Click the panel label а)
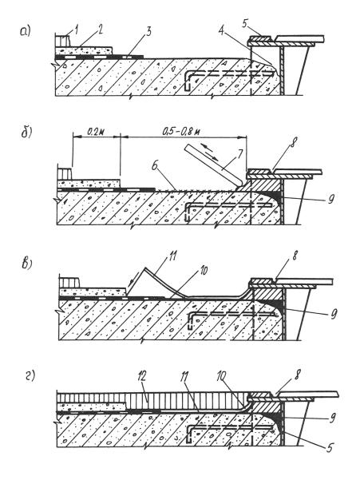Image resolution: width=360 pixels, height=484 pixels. pos(26,31)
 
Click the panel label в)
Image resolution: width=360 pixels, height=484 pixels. pos(28,264)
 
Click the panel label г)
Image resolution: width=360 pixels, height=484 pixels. pos(30,376)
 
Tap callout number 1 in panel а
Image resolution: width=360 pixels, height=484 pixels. pos(77,30)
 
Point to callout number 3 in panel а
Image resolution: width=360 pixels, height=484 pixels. pos(148,32)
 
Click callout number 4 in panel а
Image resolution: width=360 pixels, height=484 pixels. pos(221,31)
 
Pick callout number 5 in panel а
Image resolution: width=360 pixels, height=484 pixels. pos(245,24)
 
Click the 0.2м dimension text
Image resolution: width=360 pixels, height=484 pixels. pos(96,132)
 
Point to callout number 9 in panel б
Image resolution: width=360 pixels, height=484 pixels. pos(331,200)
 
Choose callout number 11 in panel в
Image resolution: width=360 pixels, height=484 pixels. pos(173,257)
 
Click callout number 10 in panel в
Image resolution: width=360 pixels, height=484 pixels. pos(204,271)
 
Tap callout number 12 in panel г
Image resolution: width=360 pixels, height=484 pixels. pos(142,378)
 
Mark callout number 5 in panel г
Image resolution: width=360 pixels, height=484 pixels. pos(330,447)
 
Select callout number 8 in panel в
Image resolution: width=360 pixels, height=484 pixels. pos(295,256)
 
